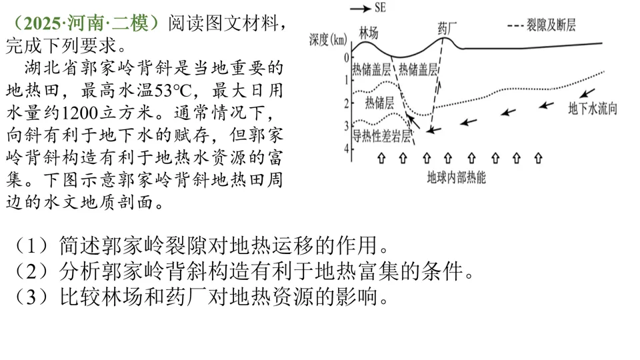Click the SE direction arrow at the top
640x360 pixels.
359,9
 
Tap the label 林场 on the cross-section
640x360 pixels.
371,33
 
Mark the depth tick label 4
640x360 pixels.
346,148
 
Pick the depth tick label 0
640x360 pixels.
346,58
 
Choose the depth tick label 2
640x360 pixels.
346,103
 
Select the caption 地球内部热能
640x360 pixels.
457,178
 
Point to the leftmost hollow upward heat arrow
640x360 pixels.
381,158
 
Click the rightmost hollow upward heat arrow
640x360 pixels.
538,158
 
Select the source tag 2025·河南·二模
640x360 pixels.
85,23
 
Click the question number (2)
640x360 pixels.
32,271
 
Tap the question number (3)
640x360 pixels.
32,296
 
